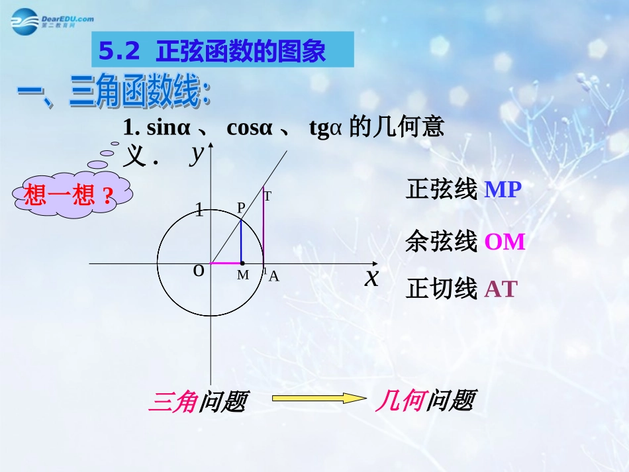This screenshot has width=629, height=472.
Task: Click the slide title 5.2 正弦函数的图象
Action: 213,51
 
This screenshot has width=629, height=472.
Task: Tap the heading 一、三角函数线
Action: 113,95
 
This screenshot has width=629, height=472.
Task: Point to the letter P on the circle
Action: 241,208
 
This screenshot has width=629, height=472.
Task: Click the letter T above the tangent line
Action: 267,196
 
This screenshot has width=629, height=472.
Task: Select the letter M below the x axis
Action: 243,275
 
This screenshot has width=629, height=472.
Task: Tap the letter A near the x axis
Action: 273,277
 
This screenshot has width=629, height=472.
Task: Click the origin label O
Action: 198,270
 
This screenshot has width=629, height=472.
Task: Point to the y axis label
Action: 197,154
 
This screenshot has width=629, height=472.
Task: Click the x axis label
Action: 372,277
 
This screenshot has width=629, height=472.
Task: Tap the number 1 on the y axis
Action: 199,212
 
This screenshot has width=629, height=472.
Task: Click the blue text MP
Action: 503,190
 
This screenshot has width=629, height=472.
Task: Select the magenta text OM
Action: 505,242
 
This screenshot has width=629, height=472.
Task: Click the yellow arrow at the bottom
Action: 310,398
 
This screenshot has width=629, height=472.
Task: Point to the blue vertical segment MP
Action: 241,242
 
